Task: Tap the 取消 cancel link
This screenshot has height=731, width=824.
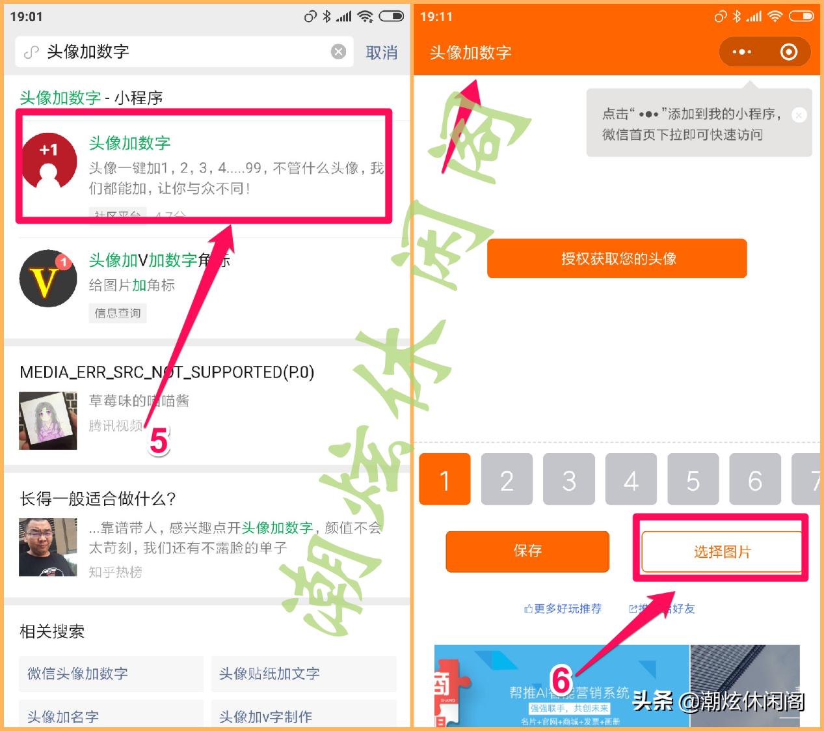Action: point(381,53)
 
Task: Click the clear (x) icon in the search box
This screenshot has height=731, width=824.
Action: point(338,52)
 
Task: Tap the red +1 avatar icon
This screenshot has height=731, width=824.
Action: point(49,161)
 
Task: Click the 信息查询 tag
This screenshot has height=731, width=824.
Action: point(117,313)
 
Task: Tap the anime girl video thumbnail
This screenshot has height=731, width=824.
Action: point(48,420)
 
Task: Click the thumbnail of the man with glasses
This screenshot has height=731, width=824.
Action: point(48,547)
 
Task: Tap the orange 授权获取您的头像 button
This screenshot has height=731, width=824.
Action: point(617,258)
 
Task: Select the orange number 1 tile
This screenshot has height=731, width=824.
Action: point(445,480)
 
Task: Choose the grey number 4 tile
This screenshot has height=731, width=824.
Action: point(631,480)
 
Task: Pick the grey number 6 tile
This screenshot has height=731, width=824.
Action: point(754,480)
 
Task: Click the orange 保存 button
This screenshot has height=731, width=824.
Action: point(527,551)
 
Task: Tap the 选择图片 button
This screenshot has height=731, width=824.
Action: point(721,552)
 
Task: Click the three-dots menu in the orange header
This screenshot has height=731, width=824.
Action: point(741,52)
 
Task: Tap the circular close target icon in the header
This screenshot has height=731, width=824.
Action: point(788,52)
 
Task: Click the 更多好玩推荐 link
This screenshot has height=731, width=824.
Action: point(563,609)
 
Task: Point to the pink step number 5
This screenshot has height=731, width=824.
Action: point(159,442)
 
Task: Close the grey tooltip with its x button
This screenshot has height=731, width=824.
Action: point(799,115)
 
